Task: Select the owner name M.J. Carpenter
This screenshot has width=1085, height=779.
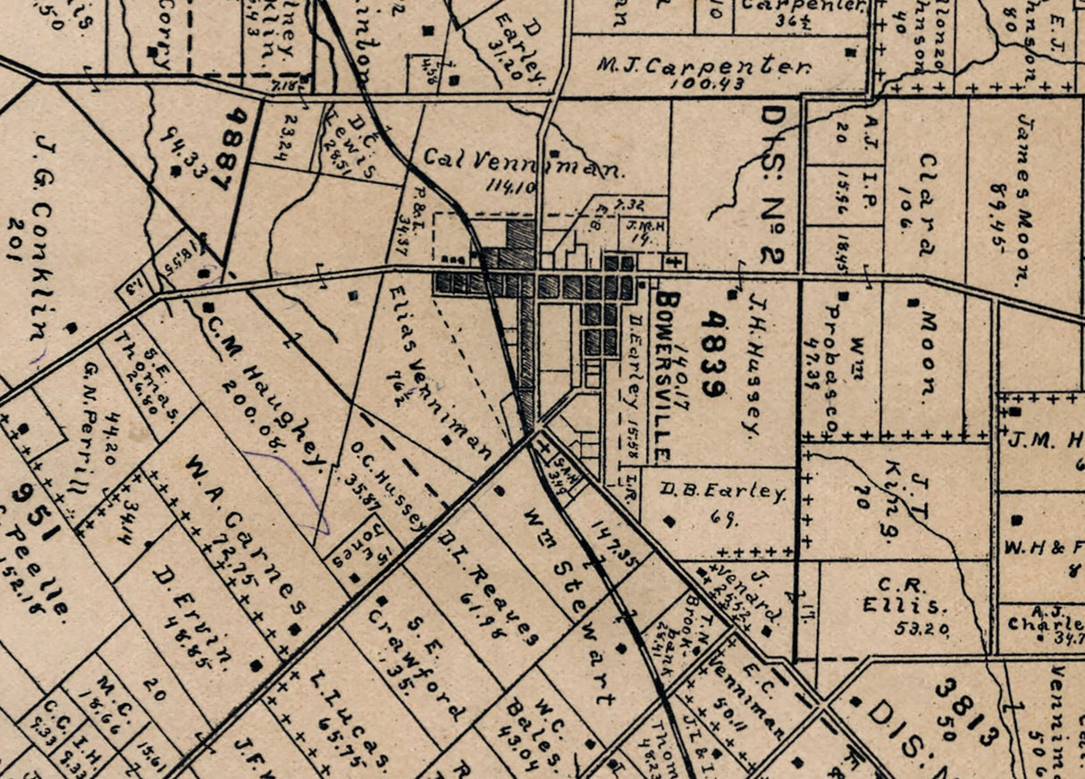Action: (704, 67)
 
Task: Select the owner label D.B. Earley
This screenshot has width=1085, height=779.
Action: (724, 492)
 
